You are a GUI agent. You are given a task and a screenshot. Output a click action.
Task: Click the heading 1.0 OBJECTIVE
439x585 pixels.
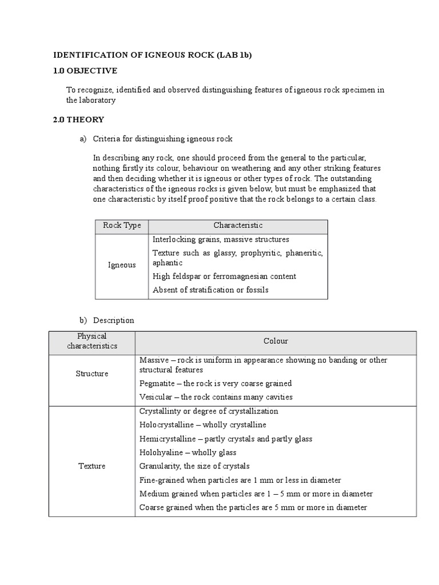coord(85,70)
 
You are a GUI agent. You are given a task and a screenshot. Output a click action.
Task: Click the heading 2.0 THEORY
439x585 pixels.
coord(78,119)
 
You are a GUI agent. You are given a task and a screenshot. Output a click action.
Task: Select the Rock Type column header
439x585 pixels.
coord(122,226)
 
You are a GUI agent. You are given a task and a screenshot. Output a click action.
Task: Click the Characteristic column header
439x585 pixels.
coord(238,226)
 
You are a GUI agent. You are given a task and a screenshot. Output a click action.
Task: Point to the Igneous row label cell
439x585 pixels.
coord(122,265)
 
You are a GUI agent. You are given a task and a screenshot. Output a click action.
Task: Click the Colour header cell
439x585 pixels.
coord(276,341)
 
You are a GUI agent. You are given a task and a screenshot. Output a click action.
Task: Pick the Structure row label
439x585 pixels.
coord(92,374)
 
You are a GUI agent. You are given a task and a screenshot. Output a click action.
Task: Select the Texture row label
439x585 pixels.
coord(92,466)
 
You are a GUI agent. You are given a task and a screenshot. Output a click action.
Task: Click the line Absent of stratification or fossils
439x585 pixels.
coord(210,290)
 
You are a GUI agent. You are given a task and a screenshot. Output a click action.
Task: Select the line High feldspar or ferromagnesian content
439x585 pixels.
coord(224,277)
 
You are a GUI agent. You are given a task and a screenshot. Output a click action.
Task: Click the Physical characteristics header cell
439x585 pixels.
coord(92,341)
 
